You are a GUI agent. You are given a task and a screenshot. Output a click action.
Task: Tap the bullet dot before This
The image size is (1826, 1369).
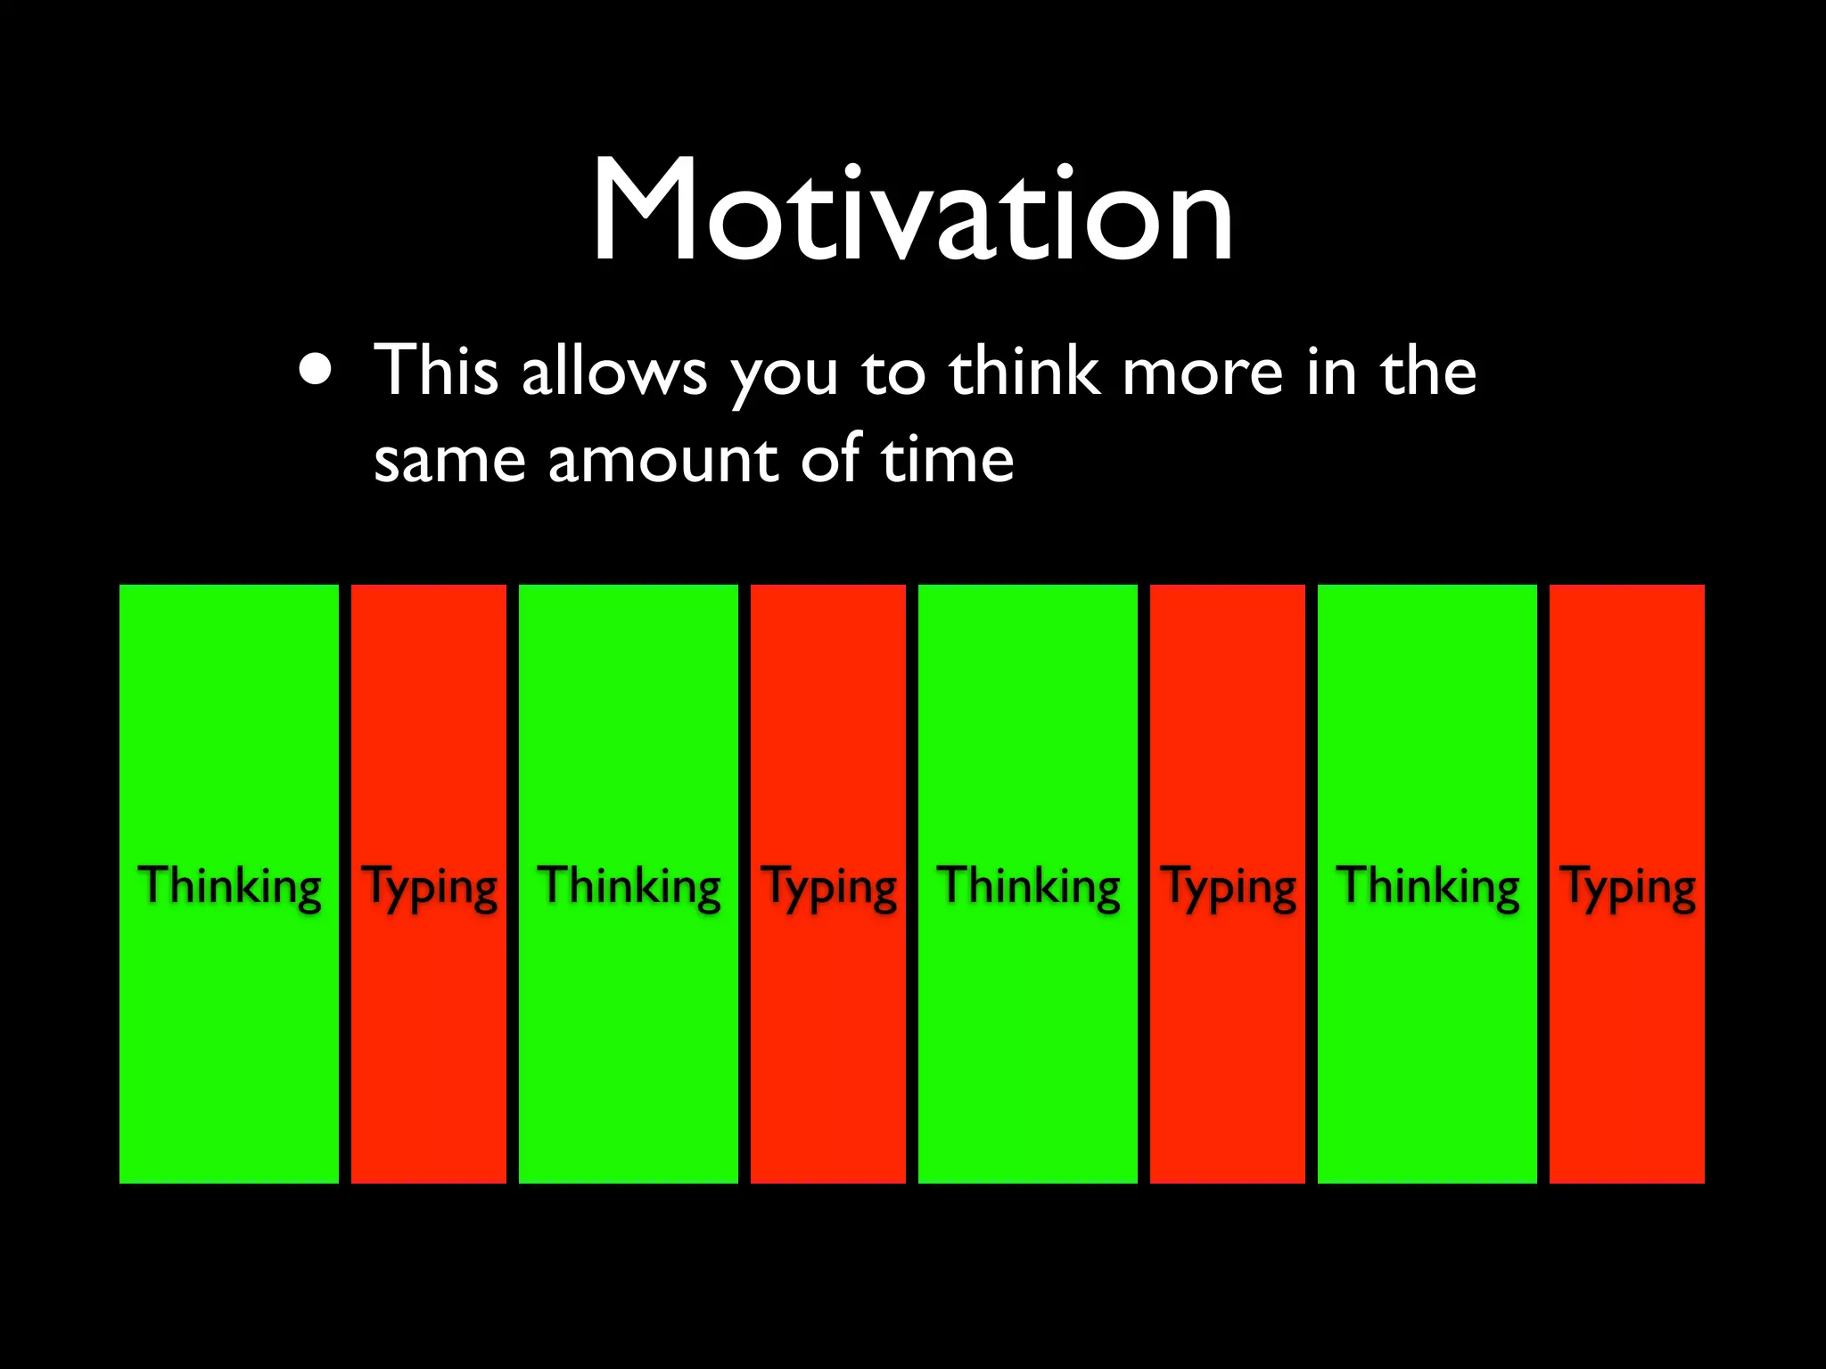[x=318, y=368]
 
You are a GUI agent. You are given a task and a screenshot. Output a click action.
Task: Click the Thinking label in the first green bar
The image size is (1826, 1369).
[x=229, y=886]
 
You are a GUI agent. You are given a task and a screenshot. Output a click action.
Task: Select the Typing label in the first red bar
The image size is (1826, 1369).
[x=429, y=888]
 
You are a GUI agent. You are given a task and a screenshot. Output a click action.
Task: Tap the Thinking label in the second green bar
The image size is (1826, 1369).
[x=629, y=886]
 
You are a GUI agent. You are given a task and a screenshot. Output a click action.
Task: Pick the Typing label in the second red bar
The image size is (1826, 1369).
[x=828, y=888]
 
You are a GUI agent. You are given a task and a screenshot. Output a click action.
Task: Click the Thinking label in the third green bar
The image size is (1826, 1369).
[x=1028, y=886]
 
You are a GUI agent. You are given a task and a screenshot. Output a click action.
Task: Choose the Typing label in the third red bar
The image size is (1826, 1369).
[x=1228, y=888]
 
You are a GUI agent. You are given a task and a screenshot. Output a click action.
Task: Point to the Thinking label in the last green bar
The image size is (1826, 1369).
[x=1427, y=886]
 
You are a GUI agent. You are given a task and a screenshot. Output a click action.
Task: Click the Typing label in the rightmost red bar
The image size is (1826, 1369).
[x=1627, y=888]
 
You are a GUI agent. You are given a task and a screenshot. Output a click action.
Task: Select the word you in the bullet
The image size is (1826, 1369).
[x=784, y=373]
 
